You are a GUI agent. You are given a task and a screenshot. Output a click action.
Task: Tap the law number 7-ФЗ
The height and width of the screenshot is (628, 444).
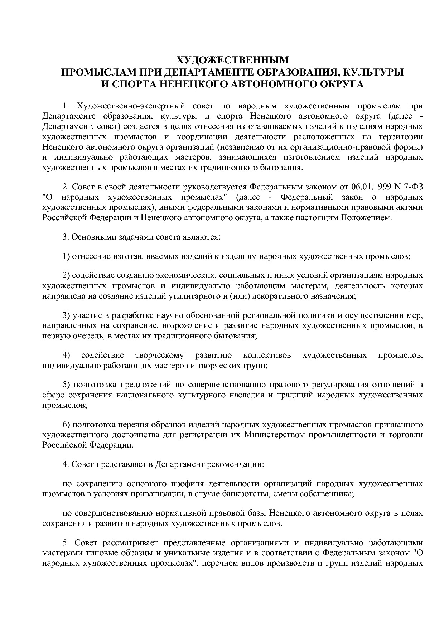click(x=413, y=187)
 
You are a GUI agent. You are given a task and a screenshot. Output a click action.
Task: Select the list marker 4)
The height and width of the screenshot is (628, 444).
click(x=67, y=355)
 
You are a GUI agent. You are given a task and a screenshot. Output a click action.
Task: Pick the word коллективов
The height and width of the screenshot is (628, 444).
click(x=267, y=355)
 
